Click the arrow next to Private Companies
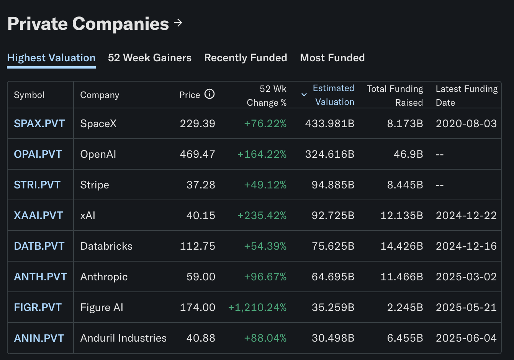tap(178, 23)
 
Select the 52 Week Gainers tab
tap(150, 58)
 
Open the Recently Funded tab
tap(246, 58)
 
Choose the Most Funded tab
tap(332, 58)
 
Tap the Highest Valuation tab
tap(51, 58)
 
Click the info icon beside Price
tap(210, 94)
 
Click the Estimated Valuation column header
tap(334, 95)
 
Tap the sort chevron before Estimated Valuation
tap(304, 95)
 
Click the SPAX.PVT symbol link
tap(39, 124)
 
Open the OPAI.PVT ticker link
tap(38, 154)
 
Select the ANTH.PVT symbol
tap(40, 277)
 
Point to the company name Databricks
tap(106, 246)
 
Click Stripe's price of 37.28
tap(201, 185)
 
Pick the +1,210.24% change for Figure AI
tap(257, 308)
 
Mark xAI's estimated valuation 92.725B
tap(333, 216)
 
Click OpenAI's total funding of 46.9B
tap(408, 154)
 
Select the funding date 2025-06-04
tap(466, 338)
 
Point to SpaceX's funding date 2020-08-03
tap(466, 124)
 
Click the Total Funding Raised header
tap(395, 95)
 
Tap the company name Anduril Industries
tap(123, 338)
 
